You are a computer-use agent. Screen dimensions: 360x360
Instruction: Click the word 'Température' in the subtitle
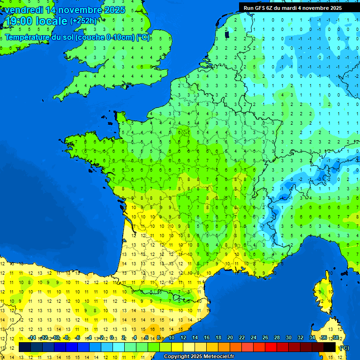coord(27,37)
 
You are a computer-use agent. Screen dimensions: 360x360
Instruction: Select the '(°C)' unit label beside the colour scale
coord(344,347)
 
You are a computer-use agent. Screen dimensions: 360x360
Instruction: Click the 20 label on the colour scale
coord(230,337)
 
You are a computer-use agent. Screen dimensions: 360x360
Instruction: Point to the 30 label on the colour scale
coord(288,337)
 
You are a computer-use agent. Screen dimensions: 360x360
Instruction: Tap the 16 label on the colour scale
coord(207,337)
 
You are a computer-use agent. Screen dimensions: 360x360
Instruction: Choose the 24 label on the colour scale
coord(254,337)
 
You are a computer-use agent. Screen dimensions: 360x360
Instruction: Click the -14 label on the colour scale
coord(32,337)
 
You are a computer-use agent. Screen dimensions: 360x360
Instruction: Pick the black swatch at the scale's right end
coord(330,347)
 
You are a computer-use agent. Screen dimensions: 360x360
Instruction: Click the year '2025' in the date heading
coord(114,10)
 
